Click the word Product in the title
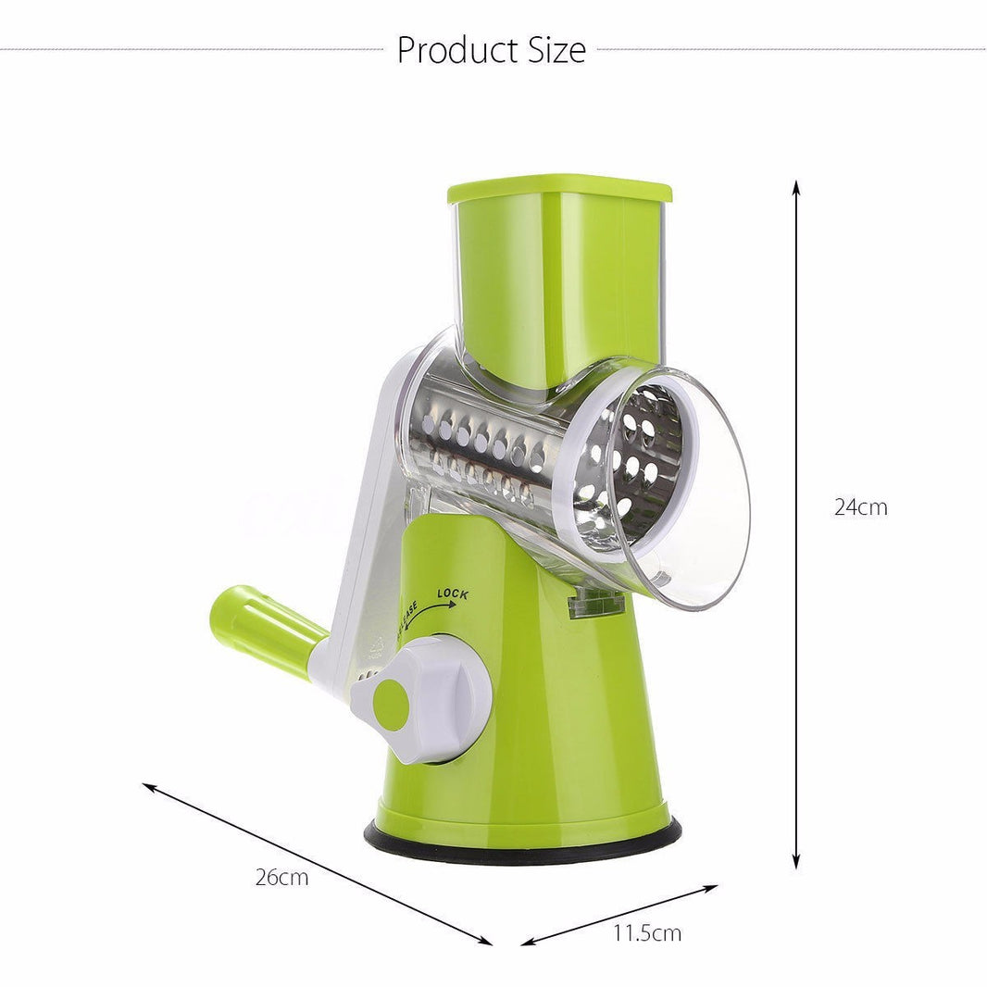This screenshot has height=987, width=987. (x=449, y=50)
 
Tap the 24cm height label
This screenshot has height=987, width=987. (x=860, y=507)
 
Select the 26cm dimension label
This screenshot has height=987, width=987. (x=281, y=878)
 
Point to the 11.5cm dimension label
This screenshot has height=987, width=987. (x=646, y=932)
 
